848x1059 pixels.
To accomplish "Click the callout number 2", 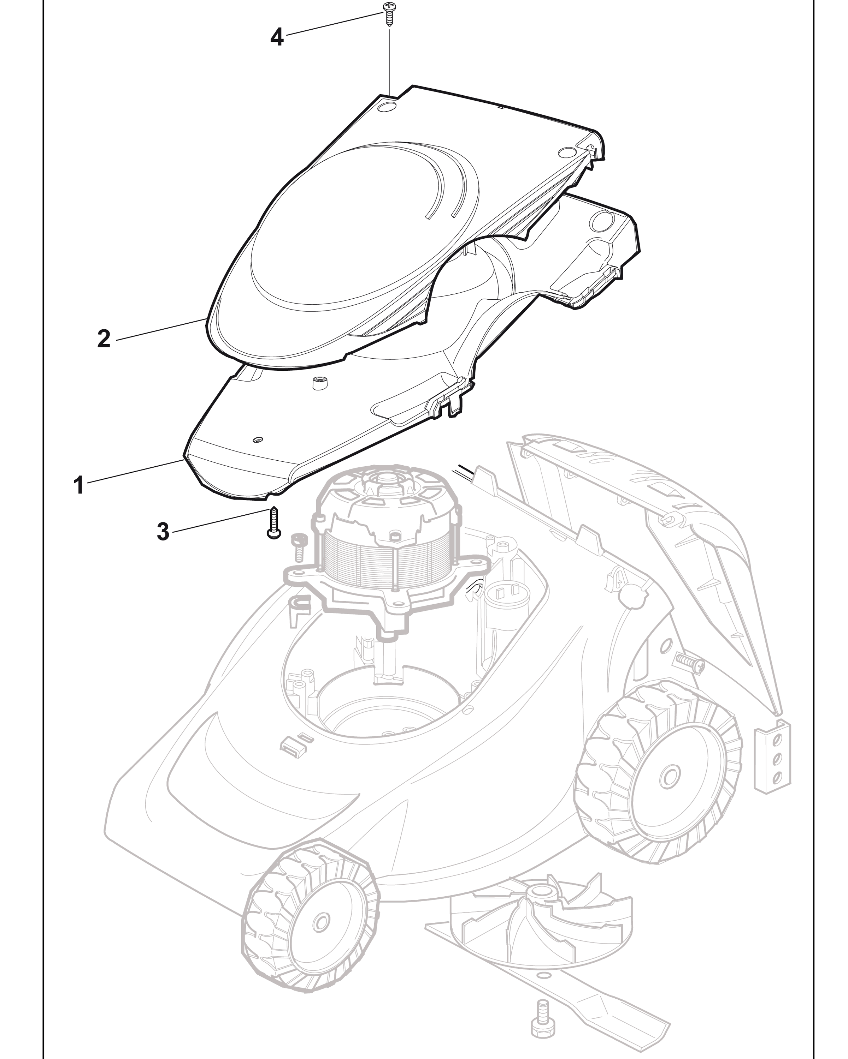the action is tap(104, 339).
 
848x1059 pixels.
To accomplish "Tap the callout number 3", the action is tap(163, 532).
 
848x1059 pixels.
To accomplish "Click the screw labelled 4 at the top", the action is tap(389, 13).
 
